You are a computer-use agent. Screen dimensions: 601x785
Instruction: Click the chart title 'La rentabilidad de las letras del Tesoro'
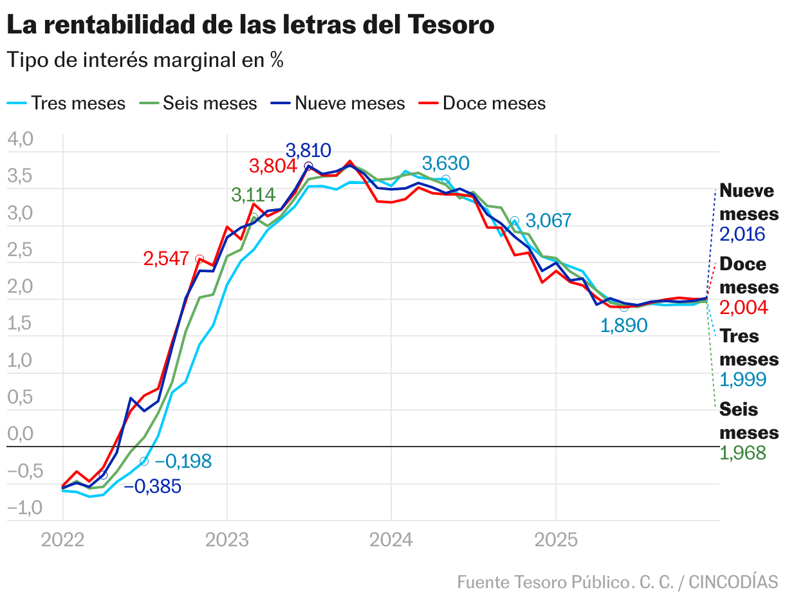click(x=250, y=25)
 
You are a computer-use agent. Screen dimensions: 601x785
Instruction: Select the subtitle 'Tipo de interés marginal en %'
click(x=145, y=60)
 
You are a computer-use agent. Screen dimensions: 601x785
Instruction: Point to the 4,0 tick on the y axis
click(x=20, y=140)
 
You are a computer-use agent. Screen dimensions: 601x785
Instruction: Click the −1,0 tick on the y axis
click(x=24, y=508)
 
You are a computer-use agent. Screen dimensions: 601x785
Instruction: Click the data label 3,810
click(x=308, y=151)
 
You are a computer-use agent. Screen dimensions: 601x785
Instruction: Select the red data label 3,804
click(x=273, y=166)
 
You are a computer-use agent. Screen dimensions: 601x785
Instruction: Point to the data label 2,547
click(x=167, y=259)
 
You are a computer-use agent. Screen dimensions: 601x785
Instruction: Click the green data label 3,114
click(x=254, y=195)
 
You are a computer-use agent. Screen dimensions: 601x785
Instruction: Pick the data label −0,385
click(x=152, y=486)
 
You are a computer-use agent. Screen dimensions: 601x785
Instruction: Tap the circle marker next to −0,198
click(x=144, y=461)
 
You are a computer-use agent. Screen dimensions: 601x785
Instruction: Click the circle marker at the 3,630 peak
click(x=445, y=179)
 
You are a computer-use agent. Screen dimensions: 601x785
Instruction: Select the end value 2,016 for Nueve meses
click(x=743, y=234)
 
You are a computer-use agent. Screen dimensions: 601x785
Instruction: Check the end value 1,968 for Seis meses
click(x=743, y=453)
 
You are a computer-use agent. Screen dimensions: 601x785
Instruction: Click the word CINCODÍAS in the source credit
click(x=734, y=582)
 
